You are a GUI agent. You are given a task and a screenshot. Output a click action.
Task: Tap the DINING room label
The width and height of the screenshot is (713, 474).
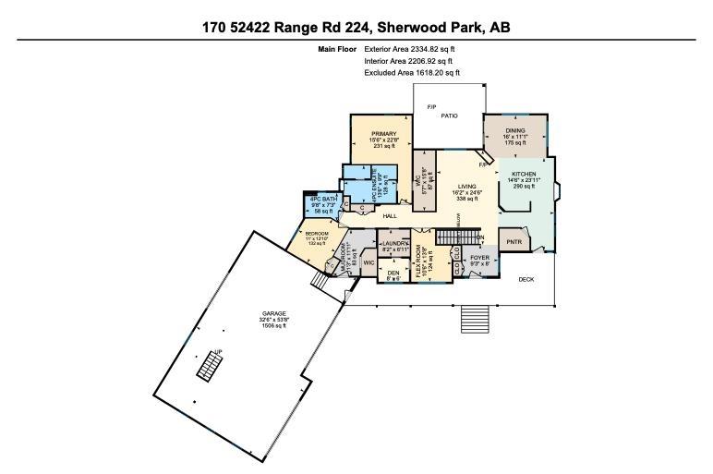[x=514, y=131]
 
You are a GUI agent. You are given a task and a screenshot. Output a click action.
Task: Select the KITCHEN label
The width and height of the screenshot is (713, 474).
[x=524, y=174]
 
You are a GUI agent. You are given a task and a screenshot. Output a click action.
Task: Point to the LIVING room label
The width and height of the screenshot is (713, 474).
[x=465, y=186]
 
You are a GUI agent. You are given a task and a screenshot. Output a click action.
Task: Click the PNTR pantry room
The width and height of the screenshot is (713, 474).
[x=514, y=242]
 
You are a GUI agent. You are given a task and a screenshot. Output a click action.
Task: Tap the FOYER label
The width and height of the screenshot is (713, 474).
[x=479, y=258]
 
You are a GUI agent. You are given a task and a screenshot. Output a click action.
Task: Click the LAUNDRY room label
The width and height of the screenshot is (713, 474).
[x=394, y=244]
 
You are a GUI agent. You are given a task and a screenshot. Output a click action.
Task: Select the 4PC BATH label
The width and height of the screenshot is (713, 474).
[x=322, y=200]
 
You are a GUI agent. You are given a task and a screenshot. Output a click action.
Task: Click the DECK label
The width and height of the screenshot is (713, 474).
[x=526, y=279]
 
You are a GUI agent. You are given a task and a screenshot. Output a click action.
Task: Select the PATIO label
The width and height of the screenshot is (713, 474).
[x=449, y=116]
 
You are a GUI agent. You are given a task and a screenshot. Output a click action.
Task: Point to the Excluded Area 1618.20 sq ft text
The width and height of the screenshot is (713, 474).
[x=412, y=72]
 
